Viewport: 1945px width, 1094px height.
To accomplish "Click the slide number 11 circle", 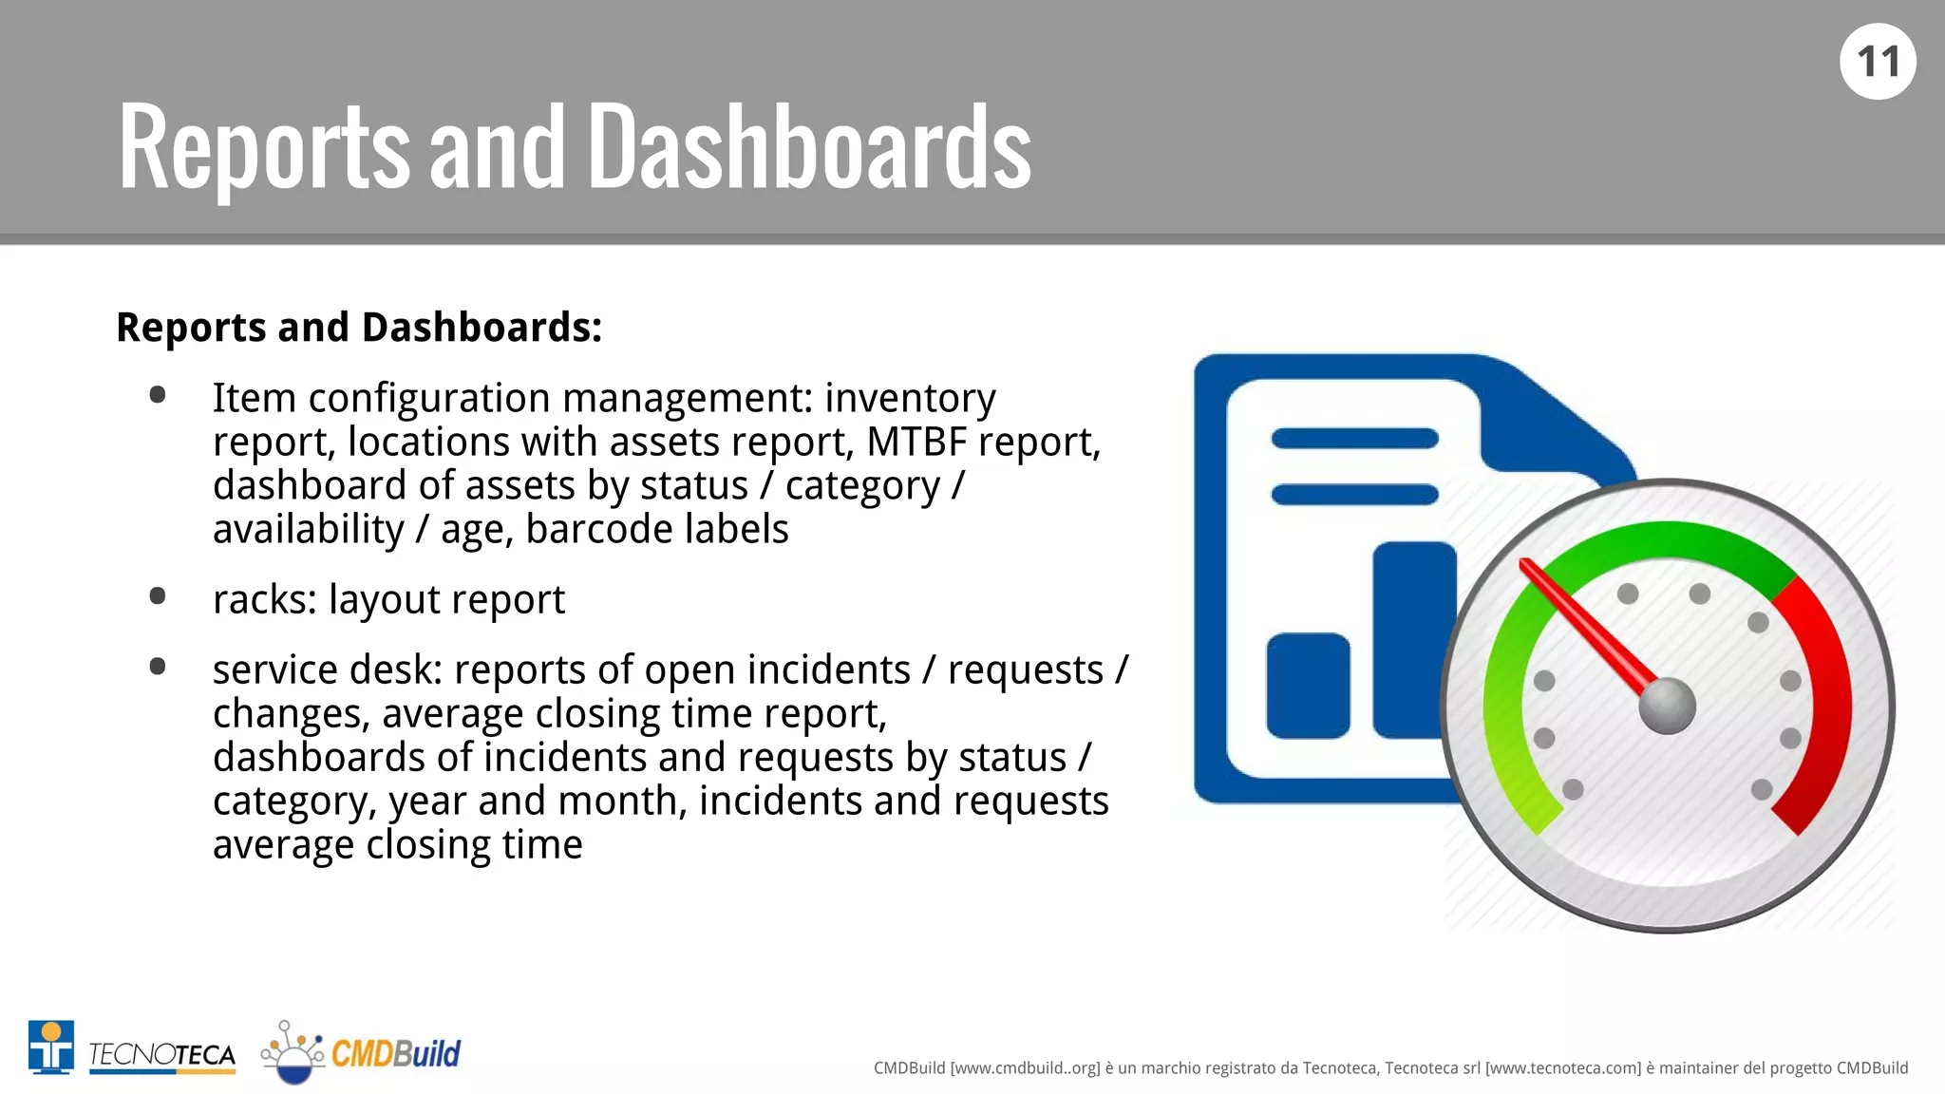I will [1877, 62].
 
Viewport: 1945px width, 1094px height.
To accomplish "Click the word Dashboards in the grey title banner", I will [809, 147].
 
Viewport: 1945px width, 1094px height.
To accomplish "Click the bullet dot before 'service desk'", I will [158, 667].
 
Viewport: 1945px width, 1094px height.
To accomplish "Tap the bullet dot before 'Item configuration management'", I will [158, 395].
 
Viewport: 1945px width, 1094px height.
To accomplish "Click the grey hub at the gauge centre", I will [1667, 707].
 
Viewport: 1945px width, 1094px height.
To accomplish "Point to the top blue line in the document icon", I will [1354, 439].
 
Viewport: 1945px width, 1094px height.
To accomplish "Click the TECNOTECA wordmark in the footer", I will [162, 1055].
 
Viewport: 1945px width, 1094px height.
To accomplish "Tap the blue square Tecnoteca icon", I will [51, 1047].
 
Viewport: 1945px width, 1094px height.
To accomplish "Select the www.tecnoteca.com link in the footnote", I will [1562, 1068].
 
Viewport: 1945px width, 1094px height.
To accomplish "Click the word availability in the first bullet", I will [308, 530].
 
